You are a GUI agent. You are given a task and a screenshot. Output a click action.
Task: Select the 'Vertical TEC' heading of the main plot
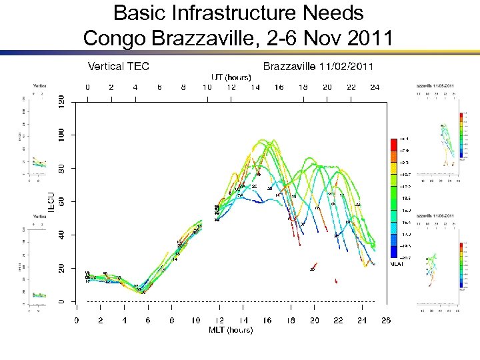pyautogui.click(x=119, y=66)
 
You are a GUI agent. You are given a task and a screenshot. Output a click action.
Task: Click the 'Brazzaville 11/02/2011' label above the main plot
pyautogui.click(x=318, y=66)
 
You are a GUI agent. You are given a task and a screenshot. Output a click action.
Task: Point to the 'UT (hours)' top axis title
pyautogui.click(x=231, y=77)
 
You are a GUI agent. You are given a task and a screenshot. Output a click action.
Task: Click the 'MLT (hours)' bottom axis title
pyautogui.click(x=231, y=330)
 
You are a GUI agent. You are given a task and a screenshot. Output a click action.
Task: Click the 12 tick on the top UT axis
pyautogui.click(x=231, y=87)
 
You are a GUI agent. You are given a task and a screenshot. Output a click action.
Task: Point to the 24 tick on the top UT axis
pyautogui.click(x=375, y=87)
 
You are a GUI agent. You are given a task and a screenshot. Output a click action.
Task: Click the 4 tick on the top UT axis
pyautogui.click(x=135, y=87)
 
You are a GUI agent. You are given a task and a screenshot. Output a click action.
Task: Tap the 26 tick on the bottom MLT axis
pyautogui.click(x=386, y=321)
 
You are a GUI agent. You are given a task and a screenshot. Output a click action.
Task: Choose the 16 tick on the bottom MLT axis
pyautogui.click(x=267, y=321)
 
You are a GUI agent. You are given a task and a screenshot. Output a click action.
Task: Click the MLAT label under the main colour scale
pyautogui.click(x=397, y=264)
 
